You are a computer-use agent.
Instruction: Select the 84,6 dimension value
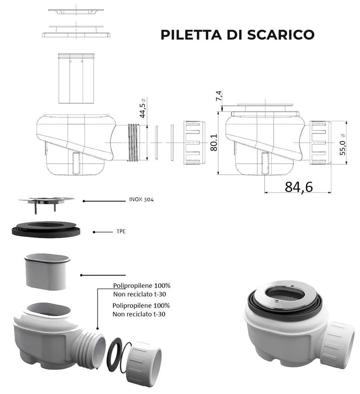click(x=298, y=186)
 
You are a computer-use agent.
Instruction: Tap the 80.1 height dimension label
click(x=213, y=142)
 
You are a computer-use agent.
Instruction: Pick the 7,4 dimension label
click(x=219, y=96)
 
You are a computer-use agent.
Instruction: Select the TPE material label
click(x=117, y=232)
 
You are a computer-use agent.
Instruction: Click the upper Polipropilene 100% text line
click(x=141, y=286)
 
